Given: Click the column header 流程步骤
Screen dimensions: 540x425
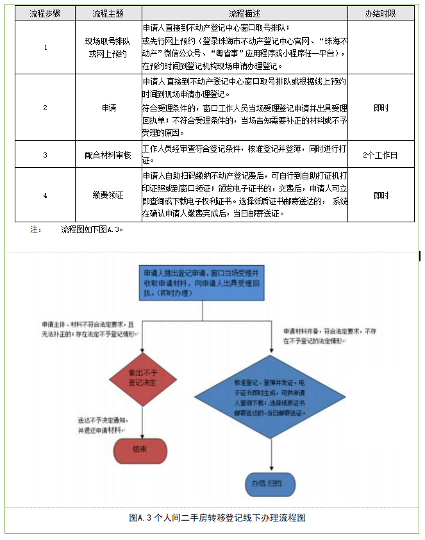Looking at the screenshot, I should [45, 13].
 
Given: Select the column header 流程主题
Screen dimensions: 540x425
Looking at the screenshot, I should [108, 13].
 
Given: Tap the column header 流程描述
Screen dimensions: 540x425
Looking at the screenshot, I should [245, 13].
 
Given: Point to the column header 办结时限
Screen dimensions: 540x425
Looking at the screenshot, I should [381, 13].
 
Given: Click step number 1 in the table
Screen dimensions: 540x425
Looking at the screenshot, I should [45, 47].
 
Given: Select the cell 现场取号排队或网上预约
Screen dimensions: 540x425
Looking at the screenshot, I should [108, 47].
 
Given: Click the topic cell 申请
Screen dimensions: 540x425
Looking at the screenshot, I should [108, 108].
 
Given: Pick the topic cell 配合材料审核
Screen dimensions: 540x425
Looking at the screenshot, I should [108, 154].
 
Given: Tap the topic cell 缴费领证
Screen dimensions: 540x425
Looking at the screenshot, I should [108, 195].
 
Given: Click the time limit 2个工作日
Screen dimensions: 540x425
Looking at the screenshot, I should [381, 154].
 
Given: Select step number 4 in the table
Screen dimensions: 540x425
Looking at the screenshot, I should [45, 195].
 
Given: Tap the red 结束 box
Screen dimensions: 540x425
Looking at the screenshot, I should [141, 449].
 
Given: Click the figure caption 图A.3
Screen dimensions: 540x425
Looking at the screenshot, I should [217, 518].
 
